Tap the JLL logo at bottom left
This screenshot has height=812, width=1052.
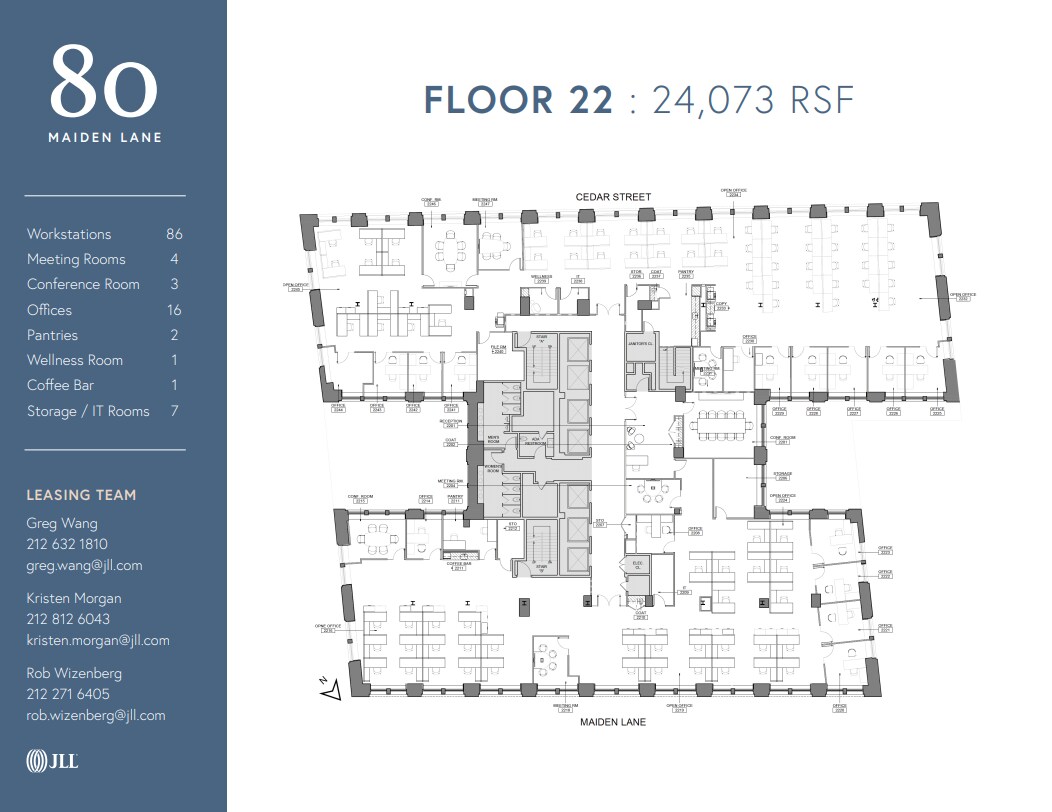click(52, 762)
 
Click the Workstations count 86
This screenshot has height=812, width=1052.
click(174, 234)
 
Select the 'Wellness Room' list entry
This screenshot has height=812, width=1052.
click(75, 360)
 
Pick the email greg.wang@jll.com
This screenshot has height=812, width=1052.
click(84, 565)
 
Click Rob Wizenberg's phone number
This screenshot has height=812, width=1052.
click(68, 694)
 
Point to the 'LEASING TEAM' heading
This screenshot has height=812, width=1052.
click(81, 495)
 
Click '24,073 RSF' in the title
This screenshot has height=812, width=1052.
click(753, 100)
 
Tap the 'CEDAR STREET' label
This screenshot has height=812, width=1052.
click(613, 197)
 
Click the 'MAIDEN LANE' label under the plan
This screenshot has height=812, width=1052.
click(613, 722)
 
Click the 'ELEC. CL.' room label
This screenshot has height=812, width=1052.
click(637, 566)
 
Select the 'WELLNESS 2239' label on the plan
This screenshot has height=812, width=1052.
click(541, 279)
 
